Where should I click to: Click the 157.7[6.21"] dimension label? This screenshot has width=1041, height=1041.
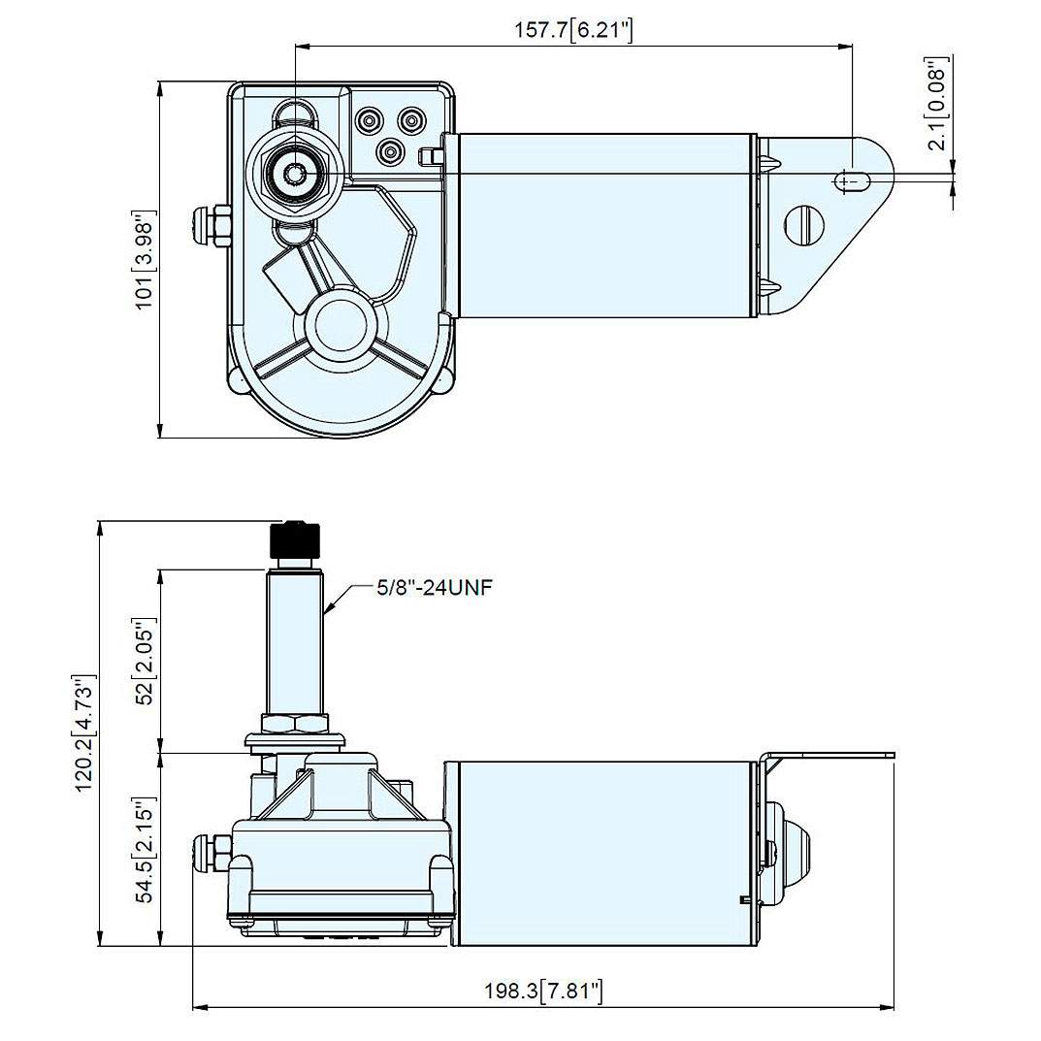[x=573, y=30]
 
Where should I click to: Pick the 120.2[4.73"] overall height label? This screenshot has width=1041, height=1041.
[x=86, y=732]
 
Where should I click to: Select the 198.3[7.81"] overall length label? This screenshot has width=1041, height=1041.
[x=544, y=991]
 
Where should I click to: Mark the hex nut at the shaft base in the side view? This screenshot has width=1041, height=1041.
[x=295, y=723]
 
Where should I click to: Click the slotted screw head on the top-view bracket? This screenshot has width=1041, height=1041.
[x=804, y=224]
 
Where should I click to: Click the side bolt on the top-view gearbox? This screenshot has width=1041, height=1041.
[x=211, y=225]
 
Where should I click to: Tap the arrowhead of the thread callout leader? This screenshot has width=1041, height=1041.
[x=329, y=612]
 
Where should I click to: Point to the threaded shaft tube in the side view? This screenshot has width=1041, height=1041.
[x=294, y=640]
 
